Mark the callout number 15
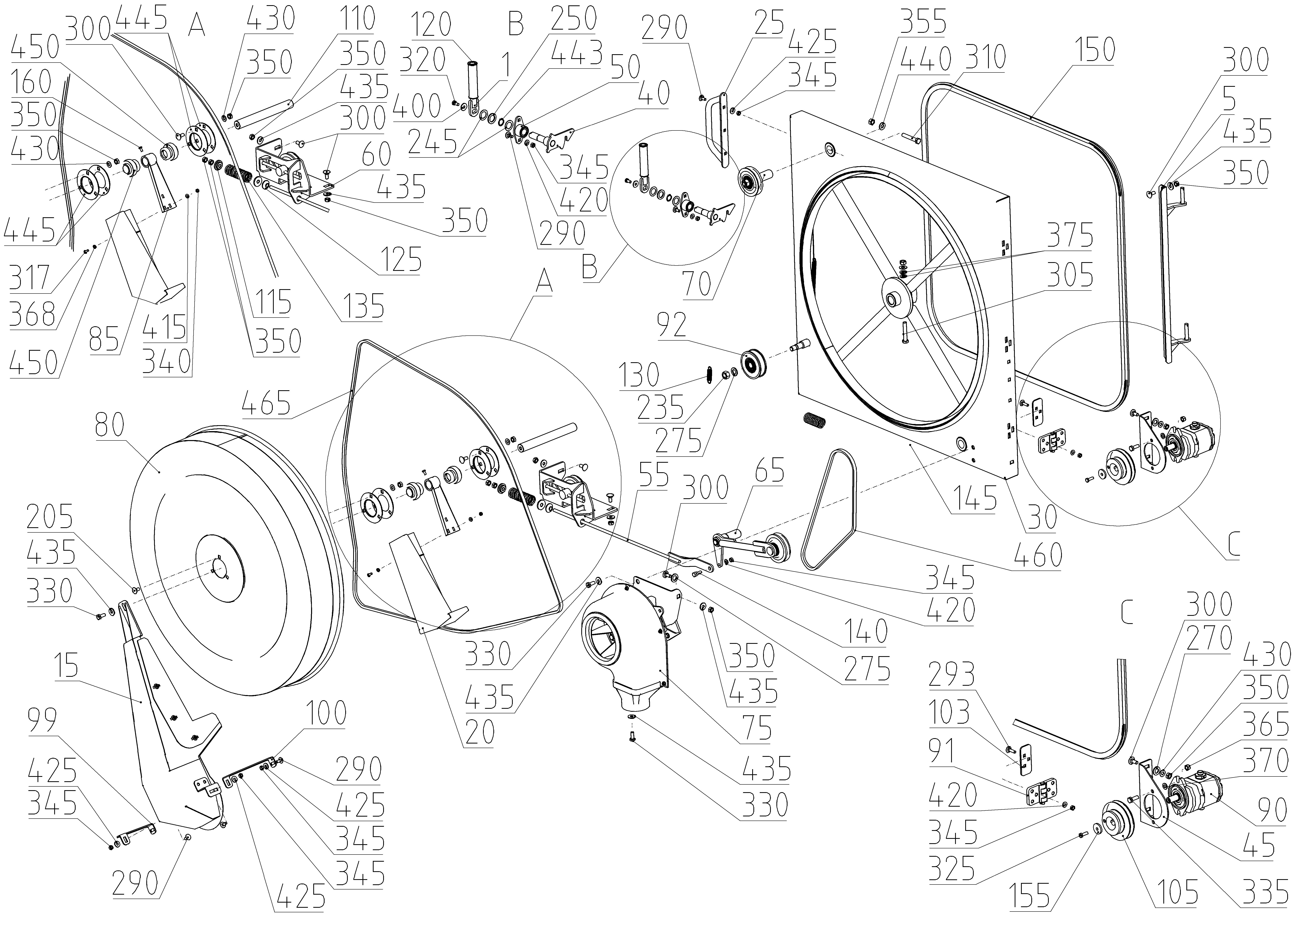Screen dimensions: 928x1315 tap(67, 666)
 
